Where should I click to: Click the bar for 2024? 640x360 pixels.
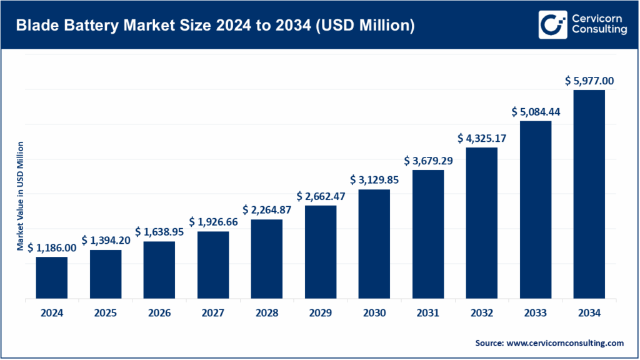(52, 277)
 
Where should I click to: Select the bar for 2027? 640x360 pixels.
(213, 265)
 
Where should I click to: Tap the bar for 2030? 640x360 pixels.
(374, 244)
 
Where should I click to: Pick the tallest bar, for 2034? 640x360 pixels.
(589, 194)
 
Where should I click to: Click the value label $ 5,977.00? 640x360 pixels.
(589, 81)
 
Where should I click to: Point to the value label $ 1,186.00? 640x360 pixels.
(52, 247)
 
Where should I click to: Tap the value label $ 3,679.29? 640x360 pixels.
(428, 161)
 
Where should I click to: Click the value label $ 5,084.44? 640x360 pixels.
(536, 111)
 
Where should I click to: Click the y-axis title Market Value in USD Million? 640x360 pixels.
(20, 197)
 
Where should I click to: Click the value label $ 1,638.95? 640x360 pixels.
(159, 231)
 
